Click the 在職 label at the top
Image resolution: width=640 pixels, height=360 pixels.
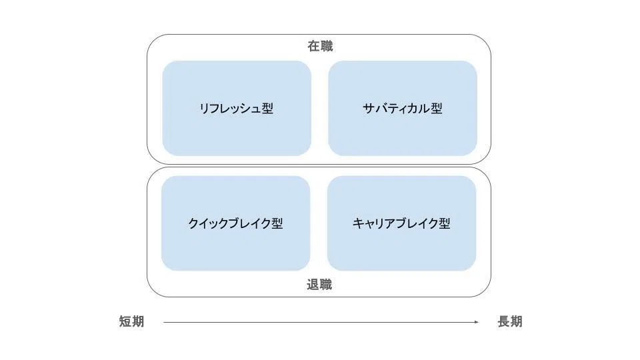click(321, 46)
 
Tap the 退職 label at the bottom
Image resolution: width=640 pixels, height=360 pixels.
click(319, 285)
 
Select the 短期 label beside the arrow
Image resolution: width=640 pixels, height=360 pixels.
click(132, 321)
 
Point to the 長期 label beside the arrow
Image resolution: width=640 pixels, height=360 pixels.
click(510, 321)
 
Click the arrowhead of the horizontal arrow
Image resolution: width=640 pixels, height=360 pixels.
click(476, 322)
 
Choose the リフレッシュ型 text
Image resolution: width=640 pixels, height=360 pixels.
click(236, 109)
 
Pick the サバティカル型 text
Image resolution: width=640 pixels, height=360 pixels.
click(403, 109)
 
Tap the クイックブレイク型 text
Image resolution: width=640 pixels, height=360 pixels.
click(235, 224)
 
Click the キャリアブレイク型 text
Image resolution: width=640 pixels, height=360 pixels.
click(401, 224)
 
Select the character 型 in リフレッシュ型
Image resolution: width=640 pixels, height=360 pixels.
click(267, 109)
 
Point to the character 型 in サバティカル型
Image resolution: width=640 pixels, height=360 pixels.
click(436, 109)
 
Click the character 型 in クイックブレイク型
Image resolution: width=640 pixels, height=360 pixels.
click(277, 224)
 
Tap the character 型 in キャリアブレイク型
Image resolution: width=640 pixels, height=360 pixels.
click(445, 224)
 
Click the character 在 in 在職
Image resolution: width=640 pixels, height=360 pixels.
click(314, 46)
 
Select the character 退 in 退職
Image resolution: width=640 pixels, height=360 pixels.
click(313, 285)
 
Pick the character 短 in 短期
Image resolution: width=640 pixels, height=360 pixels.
click(125, 321)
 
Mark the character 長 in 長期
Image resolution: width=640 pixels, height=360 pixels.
click(504, 321)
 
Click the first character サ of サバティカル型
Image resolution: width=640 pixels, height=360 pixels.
click(369, 109)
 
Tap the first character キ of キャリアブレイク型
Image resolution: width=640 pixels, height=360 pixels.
click(359, 224)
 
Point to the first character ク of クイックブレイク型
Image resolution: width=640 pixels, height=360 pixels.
click(194, 224)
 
